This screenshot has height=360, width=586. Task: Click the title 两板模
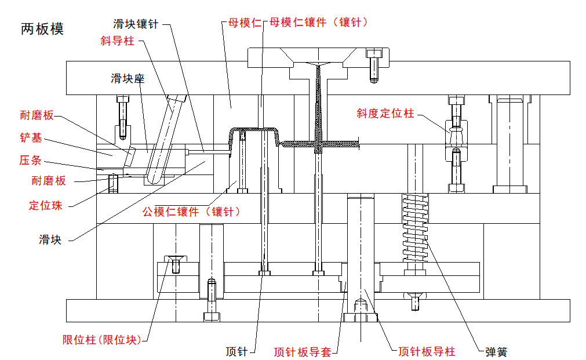pyautogui.click(x=42, y=29)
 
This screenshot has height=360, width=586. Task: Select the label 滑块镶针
pyautogui.click(x=135, y=24)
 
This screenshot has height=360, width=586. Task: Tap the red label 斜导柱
pyautogui.click(x=117, y=42)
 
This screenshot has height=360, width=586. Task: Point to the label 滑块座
pyautogui.click(x=128, y=78)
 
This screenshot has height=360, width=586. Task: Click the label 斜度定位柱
pyautogui.click(x=385, y=114)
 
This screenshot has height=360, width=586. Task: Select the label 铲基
pyautogui.click(x=34, y=138)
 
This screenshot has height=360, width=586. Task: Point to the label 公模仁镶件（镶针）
pyautogui.click(x=191, y=212)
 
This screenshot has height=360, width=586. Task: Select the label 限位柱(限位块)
pyautogui.click(x=101, y=340)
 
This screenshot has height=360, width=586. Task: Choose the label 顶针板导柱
pyautogui.click(x=427, y=351)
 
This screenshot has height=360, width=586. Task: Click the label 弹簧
pyautogui.click(x=496, y=351)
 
